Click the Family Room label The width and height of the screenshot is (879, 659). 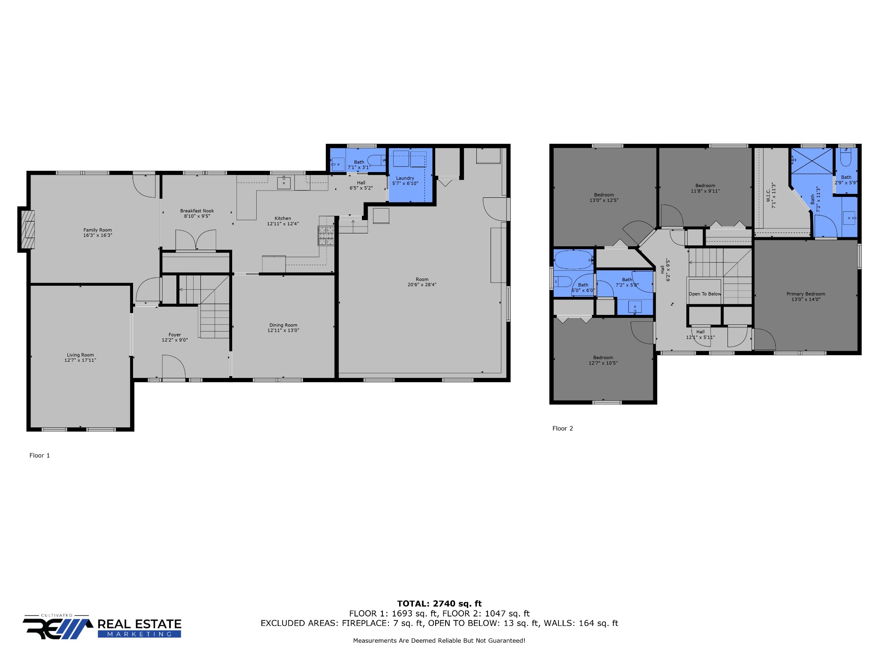[x=97, y=230]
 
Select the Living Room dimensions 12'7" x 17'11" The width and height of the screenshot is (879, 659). [x=80, y=360]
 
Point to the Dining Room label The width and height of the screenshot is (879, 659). [x=283, y=325]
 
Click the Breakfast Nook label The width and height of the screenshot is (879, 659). [x=197, y=211]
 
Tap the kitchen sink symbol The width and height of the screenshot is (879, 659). [x=284, y=183]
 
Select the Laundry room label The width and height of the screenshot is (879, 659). [x=405, y=178]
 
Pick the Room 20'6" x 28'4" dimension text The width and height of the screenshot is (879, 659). [x=422, y=284]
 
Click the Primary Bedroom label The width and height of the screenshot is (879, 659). [x=806, y=294]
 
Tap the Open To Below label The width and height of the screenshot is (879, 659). [x=705, y=294]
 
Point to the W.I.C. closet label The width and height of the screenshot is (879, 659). [x=768, y=196]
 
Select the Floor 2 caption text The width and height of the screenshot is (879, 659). [x=563, y=428]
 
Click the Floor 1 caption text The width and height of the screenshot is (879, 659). [x=39, y=455]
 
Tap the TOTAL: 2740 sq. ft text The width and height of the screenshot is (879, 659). [x=439, y=604]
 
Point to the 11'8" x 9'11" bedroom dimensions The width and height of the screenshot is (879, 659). [x=705, y=191]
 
